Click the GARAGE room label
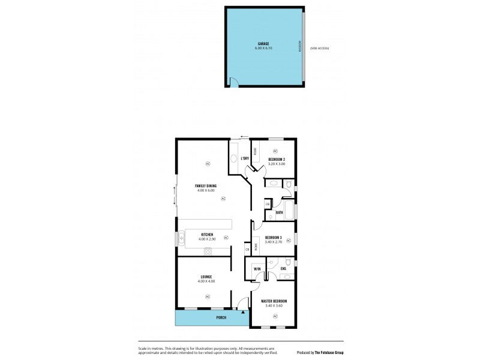click(263, 43)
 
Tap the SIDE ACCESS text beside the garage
click(320, 48)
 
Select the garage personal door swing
click(234, 83)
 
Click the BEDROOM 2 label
click(277, 159)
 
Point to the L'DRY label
click(245, 158)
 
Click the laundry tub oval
click(233, 159)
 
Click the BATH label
click(280, 213)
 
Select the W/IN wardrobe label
click(257, 269)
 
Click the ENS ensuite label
click(283, 269)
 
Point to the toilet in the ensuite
click(289, 262)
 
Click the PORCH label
click(221, 317)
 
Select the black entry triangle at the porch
click(242, 312)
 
